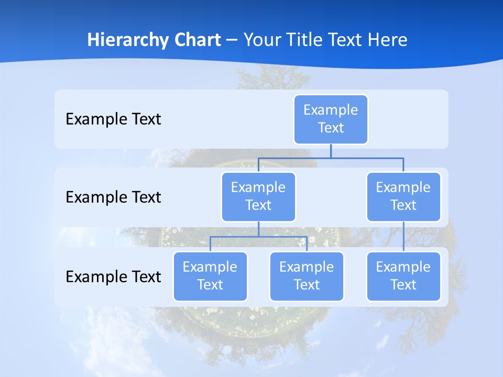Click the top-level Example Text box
click(331, 119)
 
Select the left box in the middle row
click(258, 196)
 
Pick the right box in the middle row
click(403, 196)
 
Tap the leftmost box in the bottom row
click(210, 276)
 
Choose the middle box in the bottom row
click(307, 276)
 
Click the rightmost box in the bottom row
click(403, 276)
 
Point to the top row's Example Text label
click(113, 119)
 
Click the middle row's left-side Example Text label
click(113, 197)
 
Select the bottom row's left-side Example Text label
click(113, 276)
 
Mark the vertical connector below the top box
click(331, 151)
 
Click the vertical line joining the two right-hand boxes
click(403, 237)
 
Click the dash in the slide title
click(232, 40)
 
